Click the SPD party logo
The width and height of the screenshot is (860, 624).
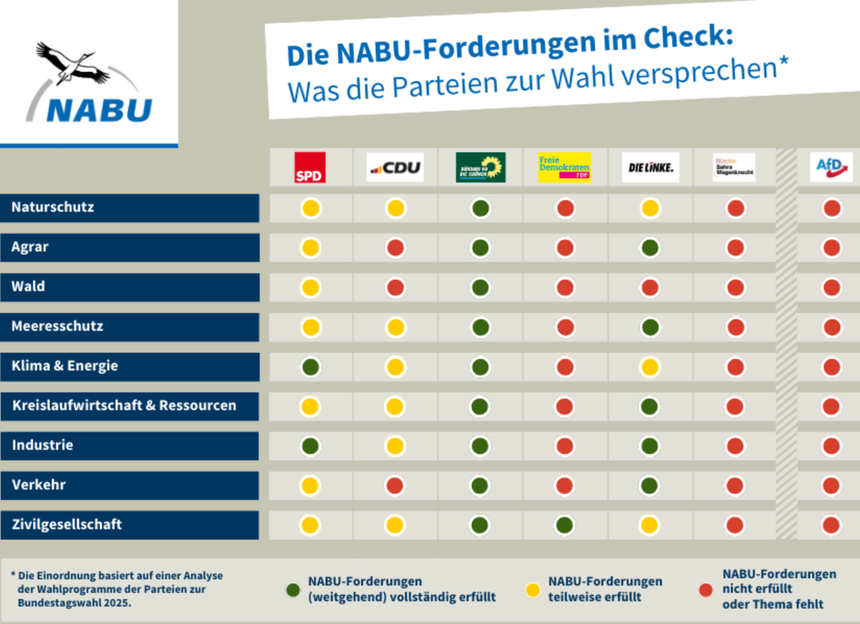(310, 167)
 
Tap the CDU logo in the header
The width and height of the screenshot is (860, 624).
(395, 168)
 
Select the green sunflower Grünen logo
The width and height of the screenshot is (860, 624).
(480, 167)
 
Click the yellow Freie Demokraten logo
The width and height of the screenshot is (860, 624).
(565, 167)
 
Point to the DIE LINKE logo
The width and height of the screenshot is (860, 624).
(650, 168)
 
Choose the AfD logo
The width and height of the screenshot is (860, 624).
(831, 166)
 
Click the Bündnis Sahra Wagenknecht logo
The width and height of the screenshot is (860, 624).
(735, 168)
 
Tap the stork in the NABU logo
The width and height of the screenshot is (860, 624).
(72, 63)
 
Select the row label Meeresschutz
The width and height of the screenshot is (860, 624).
(57, 326)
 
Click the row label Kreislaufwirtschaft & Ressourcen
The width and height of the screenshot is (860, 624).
(124, 405)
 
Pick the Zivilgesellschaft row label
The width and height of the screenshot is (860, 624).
(67, 524)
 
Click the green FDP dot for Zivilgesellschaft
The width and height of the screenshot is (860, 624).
(565, 525)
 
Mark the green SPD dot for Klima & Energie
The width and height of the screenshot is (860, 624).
(310, 367)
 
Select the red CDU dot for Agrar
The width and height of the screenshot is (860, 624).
(395, 248)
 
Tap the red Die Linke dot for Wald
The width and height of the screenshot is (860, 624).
(650, 288)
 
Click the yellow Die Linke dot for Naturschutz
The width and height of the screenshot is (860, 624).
(650, 208)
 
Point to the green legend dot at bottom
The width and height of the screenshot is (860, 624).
(292, 590)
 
